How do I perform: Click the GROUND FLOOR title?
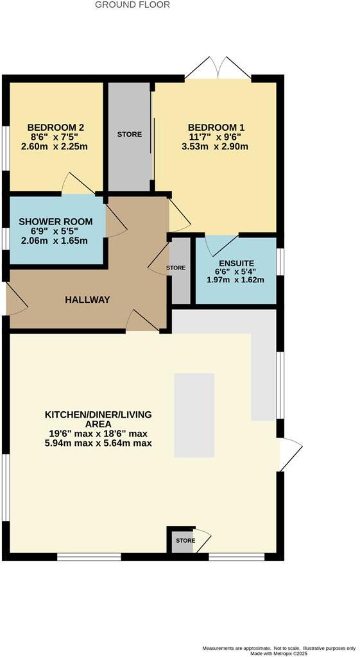[x=132, y=4]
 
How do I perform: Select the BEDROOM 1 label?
[x=216, y=127]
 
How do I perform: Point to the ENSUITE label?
[x=236, y=263]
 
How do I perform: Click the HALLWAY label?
[x=87, y=300]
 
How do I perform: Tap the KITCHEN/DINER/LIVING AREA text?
[x=98, y=420]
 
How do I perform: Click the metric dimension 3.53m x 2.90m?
[x=216, y=146]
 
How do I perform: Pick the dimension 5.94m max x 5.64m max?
[x=98, y=443]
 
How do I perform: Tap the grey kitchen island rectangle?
[x=194, y=415]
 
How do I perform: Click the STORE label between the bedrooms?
[x=129, y=134]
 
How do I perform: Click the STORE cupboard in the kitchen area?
[x=185, y=541]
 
